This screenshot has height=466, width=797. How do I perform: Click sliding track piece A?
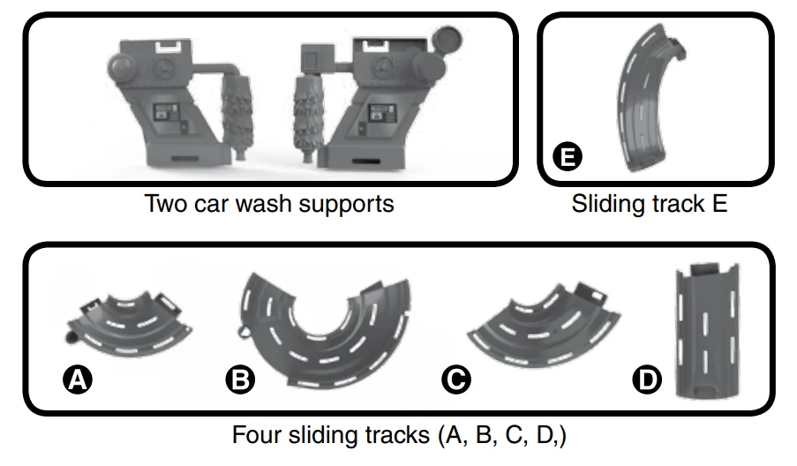(x=132, y=322)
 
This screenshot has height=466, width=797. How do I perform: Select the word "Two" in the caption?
(x=164, y=204)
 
